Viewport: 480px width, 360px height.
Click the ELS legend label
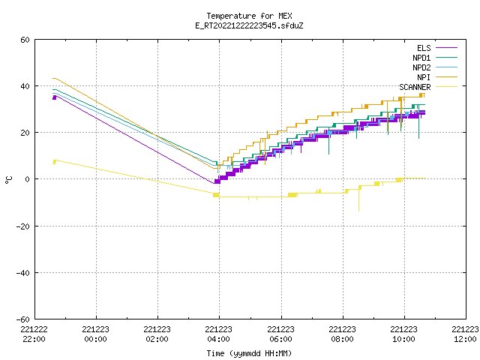(x=424, y=48)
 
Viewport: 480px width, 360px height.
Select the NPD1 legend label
(x=421, y=58)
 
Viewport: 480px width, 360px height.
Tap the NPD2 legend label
(x=421, y=67)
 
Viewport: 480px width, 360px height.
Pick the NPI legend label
(x=424, y=77)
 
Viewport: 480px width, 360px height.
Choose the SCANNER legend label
(x=415, y=87)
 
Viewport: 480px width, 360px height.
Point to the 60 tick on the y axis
(x=25, y=40)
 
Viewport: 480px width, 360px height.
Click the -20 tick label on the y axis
(x=22, y=226)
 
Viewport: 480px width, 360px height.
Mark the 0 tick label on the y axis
(x=28, y=179)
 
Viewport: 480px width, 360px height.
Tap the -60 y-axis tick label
(x=22, y=319)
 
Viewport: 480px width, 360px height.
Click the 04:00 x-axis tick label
(x=218, y=339)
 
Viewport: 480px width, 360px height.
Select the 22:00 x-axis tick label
(x=34, y=339)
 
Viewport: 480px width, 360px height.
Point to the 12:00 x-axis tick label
(x=465, y=339)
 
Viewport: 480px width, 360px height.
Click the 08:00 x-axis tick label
(x=342, y=339)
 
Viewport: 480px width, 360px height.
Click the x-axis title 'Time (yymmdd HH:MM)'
(x=249, y=353)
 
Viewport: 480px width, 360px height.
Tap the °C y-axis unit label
(x=9, y=180)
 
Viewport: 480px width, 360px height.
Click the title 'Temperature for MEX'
(x=249, y=16)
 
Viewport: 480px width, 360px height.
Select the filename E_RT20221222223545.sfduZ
(x=249, y=25)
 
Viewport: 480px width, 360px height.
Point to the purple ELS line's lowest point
(x=214, y=183)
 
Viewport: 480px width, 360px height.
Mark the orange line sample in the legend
(x=447, y=77)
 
